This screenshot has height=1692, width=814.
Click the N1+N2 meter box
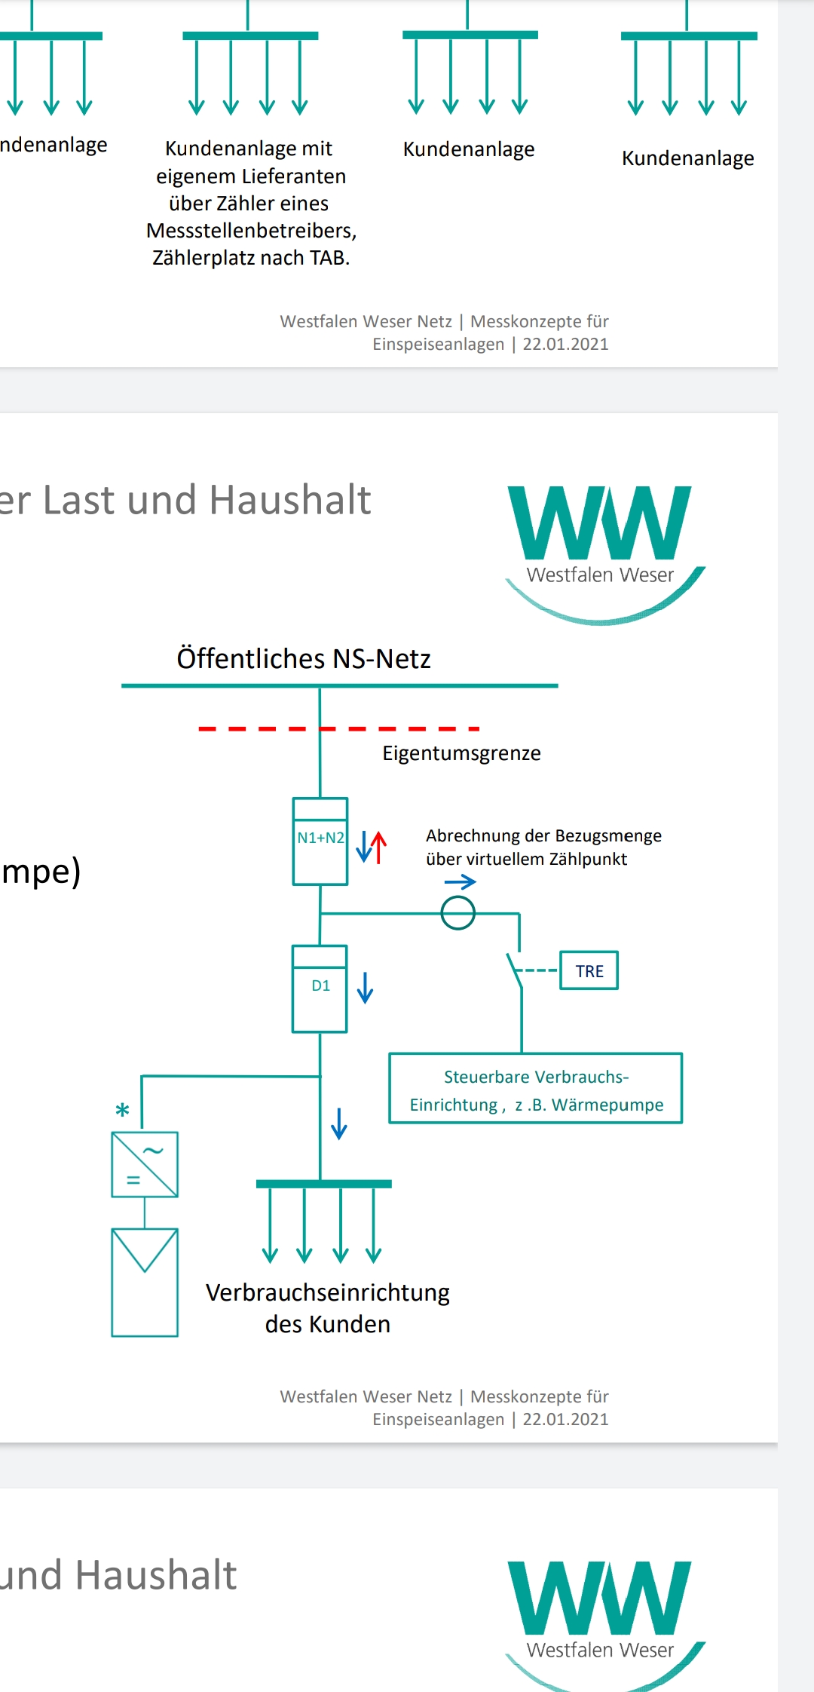[x=320, y=841]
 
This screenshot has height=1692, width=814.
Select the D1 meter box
[x=320, y=989]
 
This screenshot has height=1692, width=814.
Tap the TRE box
[x=589, y=970]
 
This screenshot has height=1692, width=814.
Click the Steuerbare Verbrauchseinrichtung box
[x=536, y=1088]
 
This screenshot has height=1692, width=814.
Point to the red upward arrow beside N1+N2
[x=378, y=847]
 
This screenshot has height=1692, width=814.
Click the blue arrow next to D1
[x=366, y=987]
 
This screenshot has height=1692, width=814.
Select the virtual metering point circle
[x=458, y=913]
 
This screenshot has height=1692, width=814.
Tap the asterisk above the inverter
[x=122, y=1110]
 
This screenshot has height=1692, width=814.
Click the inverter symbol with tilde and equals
[x=145, y=1164]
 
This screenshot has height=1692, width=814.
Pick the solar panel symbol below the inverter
[x=145, y=1282]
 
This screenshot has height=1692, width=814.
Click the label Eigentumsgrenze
[x=461, y=753]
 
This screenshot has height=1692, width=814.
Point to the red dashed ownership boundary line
[x=339, y=728]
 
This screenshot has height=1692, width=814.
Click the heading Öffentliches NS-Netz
[x=304, y=658]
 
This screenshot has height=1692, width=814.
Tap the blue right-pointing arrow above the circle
[x=461, y=881]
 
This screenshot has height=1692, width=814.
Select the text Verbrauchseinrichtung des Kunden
[x=328, y=1308]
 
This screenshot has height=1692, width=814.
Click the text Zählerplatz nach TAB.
[x=251, y=258]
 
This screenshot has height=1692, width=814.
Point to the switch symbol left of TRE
[x=515, y=970]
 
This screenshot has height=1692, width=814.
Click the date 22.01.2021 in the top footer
[x=565, y=344]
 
